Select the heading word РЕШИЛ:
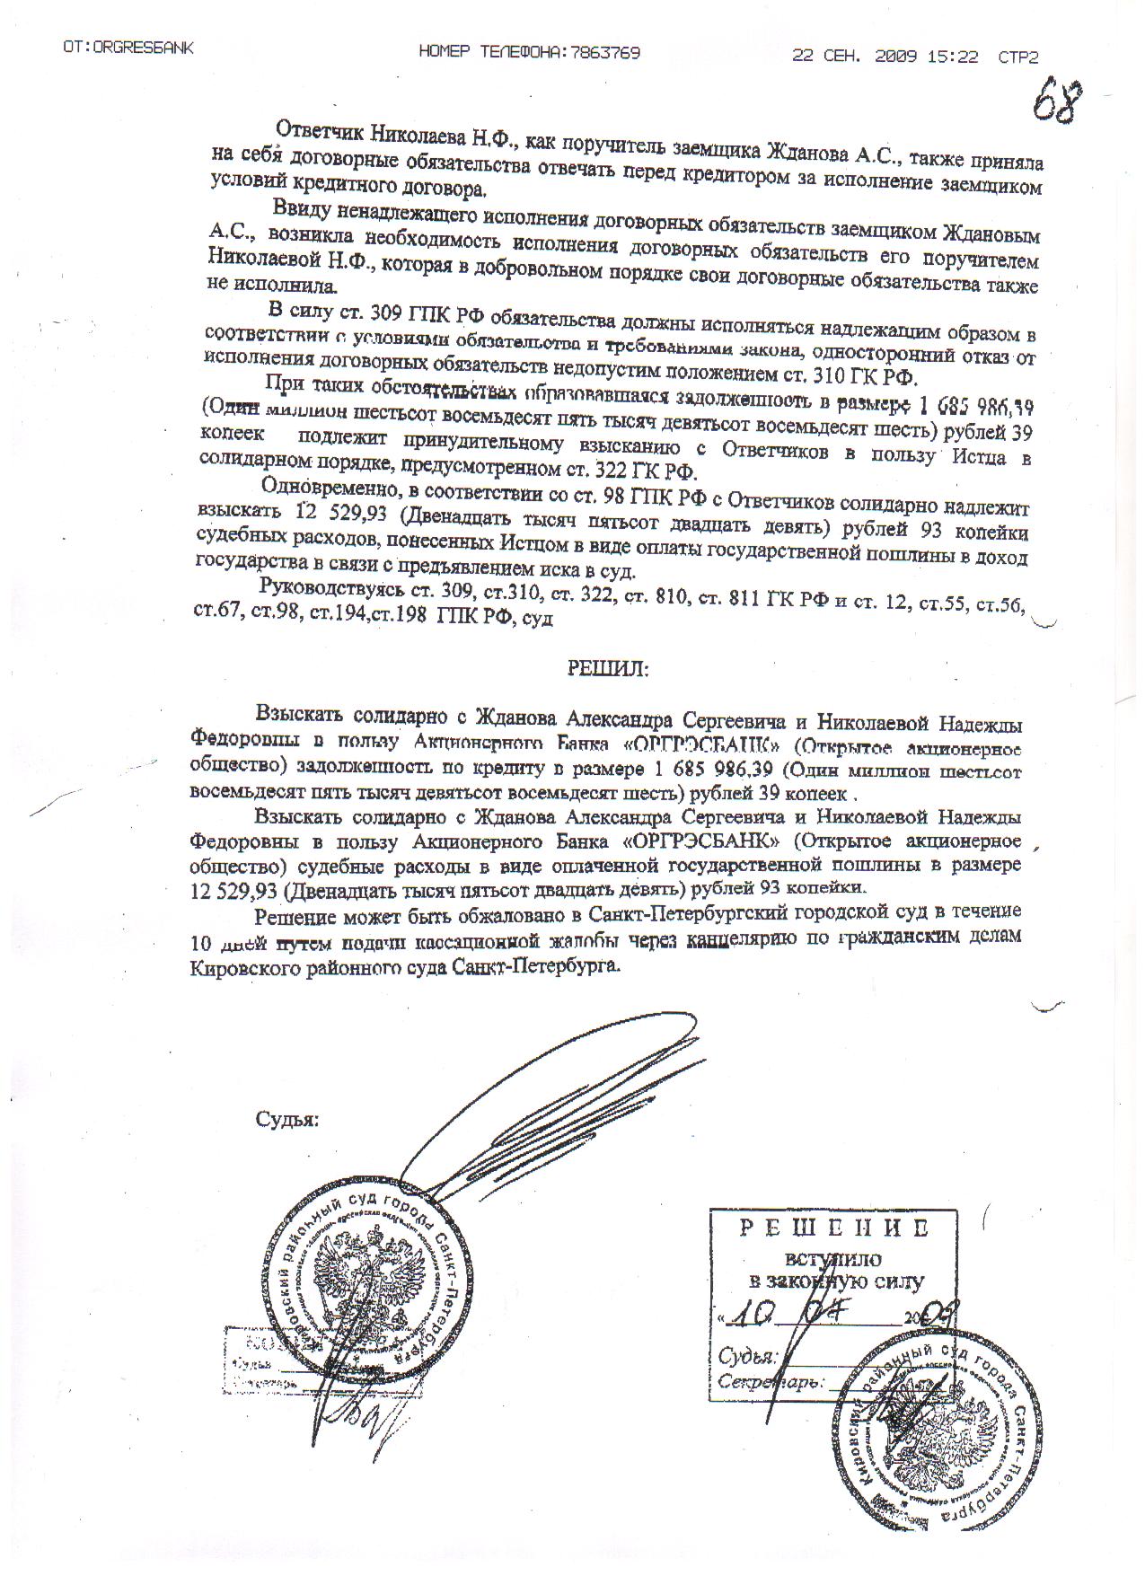pos(607,668)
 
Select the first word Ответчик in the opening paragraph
pos(317,137)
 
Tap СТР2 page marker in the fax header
pos(1017,57)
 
